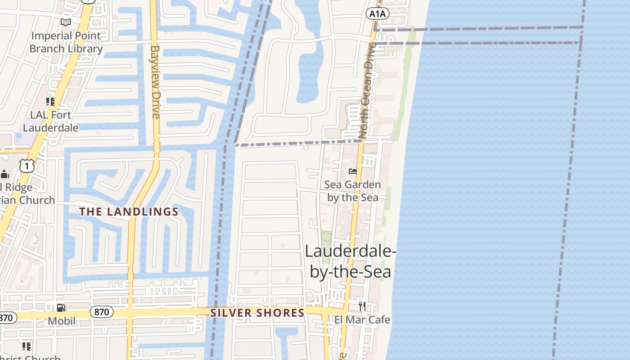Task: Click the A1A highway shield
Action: pos(377,14)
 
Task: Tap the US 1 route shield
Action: pos(27,166)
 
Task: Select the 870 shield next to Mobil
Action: pos(102,312)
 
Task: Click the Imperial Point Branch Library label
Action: pos(66,42)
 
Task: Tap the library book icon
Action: pos(66,22)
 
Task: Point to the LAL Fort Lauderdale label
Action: pos(50,121)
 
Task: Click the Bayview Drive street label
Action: pos(156,81)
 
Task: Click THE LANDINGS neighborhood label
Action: pos(129,211)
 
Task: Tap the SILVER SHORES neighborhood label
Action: pos(257,312)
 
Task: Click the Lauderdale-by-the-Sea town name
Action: pos(351,261)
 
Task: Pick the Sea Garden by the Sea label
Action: pos(352,191)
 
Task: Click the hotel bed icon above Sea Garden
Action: pos(353,171)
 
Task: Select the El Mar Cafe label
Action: pos(362,320)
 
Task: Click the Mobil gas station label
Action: pos(62,321)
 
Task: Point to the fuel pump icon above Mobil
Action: pos(61,308)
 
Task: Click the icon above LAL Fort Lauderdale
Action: pos(50,102)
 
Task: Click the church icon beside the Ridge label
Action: pos(4,174)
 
